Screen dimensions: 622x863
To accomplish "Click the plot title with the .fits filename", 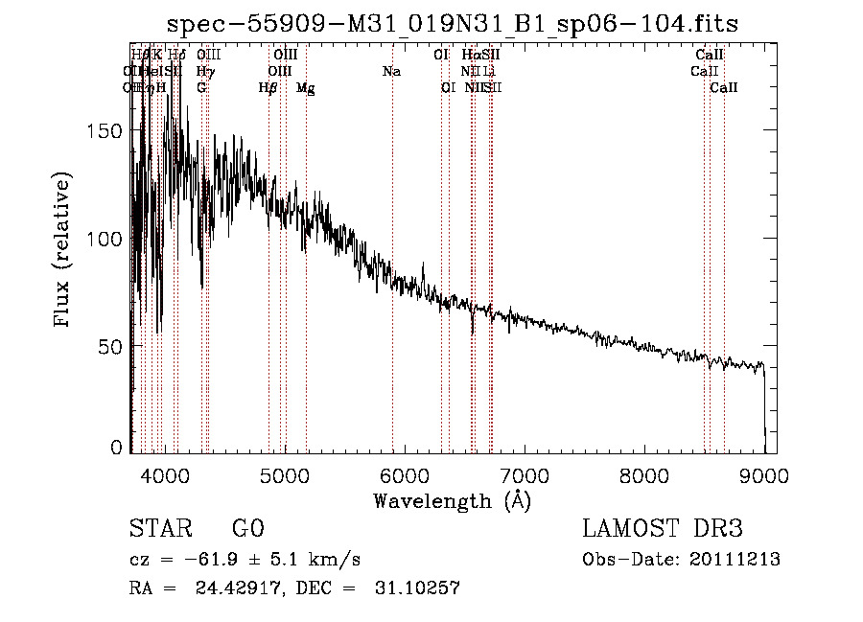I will pyautogui.click(x=453, y=23).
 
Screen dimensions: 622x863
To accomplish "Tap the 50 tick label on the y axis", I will pyautogui.click(x=111, y=345).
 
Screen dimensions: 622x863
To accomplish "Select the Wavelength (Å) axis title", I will pyautogui.click(x=452, y=500).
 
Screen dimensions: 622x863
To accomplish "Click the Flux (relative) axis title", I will pyautogui.click(x=64, y=251).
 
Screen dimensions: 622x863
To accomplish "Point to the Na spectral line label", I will pyautogui.click(x=391, y=72).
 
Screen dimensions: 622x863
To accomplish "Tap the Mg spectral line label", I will pyautogui.click(x=305, y=88).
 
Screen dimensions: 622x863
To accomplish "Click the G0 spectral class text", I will pyautogui.click(x=248, y=529).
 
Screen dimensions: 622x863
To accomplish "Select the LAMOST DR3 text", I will pyautogui.click(x=662, y=529).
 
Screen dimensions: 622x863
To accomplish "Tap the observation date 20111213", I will pyautogui.click(x=733, y=559).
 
